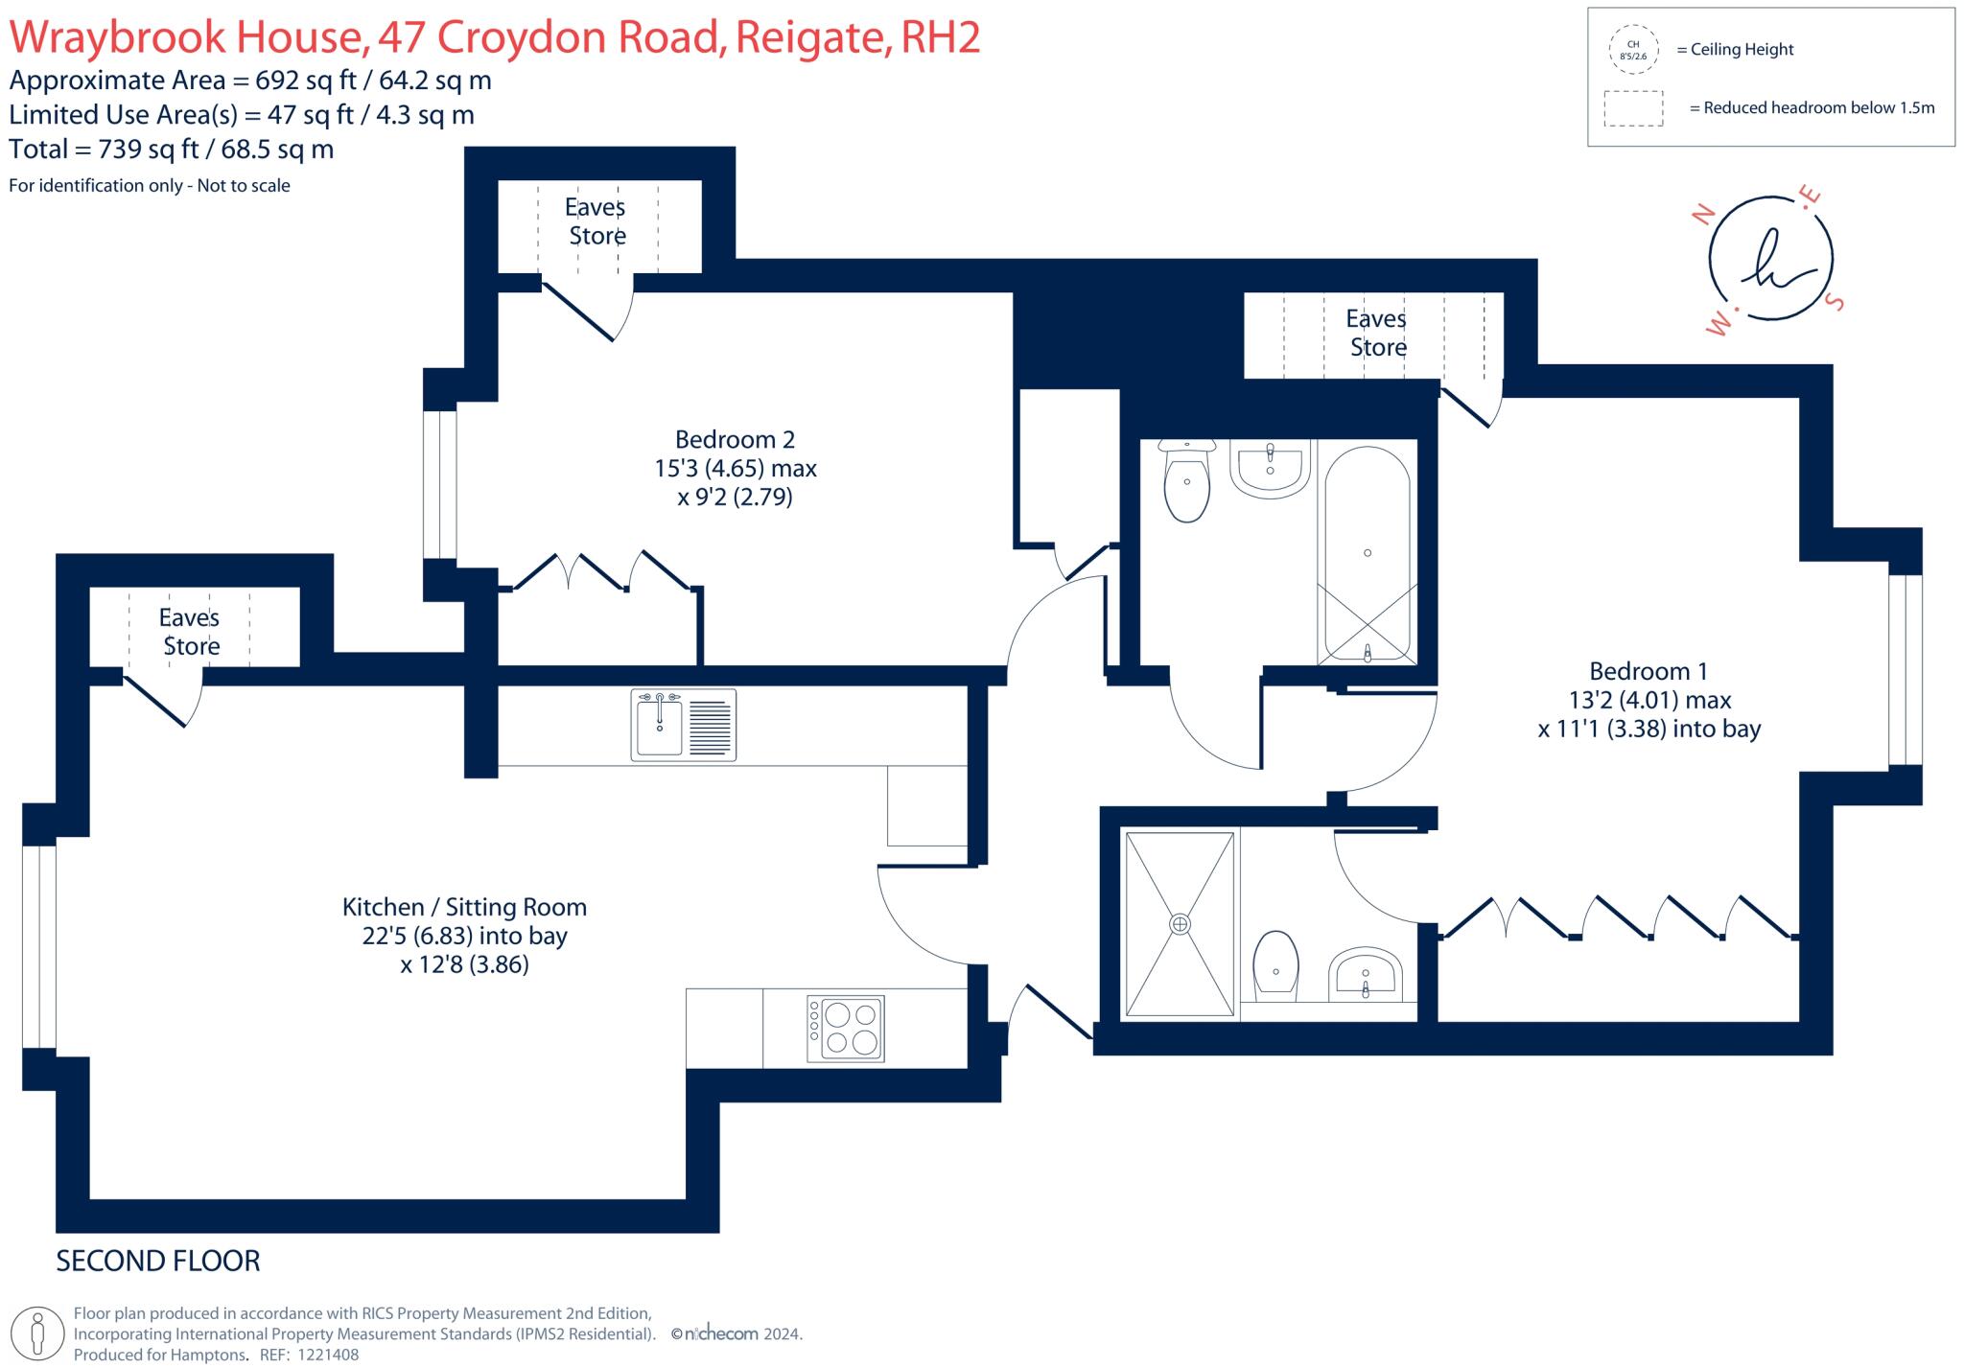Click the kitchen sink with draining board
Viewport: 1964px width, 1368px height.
click(683, 725)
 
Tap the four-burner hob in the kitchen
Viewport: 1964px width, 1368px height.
click(845, 1028)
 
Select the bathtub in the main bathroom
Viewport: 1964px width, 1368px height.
click(1367, 554)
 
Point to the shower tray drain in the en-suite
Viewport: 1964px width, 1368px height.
click(1180, 924)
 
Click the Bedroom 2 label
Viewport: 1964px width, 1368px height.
click(735, 440)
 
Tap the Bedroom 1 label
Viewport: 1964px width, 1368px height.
click(1648, 671)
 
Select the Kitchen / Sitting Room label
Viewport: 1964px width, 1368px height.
click(464, 907)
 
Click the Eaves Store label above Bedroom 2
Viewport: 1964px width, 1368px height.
click(596, 221)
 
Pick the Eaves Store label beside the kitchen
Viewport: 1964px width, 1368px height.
click(190, 632)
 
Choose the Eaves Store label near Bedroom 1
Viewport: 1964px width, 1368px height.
click(1376, 333)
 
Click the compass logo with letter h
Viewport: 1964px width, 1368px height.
click(1770, 259)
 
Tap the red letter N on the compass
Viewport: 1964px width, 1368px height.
click(1704, 215)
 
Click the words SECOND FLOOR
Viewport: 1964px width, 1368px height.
click(158, 1261)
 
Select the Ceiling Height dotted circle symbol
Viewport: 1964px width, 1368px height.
click(1633, 50)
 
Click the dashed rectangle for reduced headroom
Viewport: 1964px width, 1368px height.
click(1633, 108)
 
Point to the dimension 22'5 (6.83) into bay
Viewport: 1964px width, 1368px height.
click(464, 936)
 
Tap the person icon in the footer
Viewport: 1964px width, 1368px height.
click(38, 1333)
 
